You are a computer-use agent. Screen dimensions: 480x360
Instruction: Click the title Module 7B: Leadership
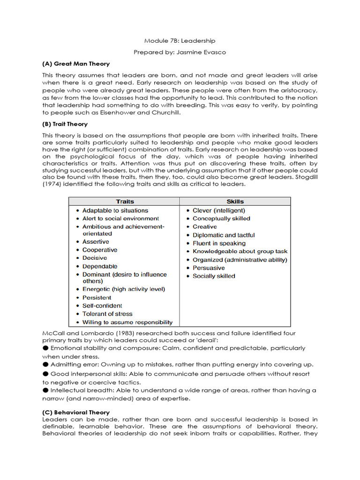coord(180,41)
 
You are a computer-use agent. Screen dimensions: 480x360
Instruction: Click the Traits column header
coord(125,202)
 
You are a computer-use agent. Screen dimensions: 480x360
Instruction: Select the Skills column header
coord(235,202)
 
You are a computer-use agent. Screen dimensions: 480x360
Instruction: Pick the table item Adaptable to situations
coord(115,210)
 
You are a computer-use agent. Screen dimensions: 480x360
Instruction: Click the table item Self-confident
coord(102,306)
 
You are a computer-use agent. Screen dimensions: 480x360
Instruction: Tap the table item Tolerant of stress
coord(107,314)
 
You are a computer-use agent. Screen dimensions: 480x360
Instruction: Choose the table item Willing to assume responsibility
coord(127,322)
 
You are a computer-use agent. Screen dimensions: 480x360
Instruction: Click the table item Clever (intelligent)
coord(218,210)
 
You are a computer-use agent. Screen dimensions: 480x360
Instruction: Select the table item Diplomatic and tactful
coord(224,235)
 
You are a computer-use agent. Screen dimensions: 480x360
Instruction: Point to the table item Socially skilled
coord(214,276)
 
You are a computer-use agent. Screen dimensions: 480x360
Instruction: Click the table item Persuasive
coord(209,268)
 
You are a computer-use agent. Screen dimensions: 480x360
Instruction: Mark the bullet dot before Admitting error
coord(45,364)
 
